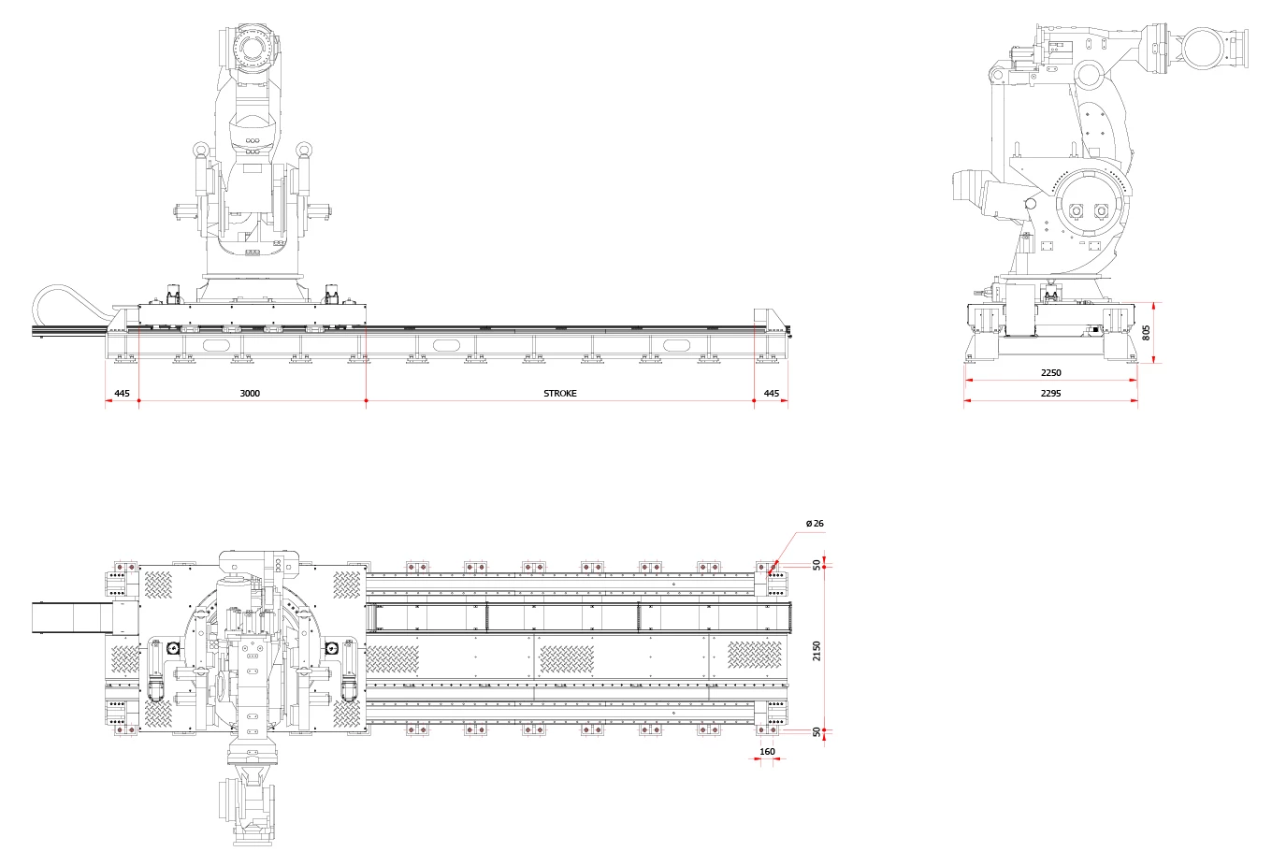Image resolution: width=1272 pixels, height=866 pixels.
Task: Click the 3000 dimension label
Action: [x=250, y=394]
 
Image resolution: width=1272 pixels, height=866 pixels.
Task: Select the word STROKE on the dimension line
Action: [x=560, y=394]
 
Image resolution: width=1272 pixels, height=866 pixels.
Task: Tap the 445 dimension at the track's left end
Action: [x=122, y=394]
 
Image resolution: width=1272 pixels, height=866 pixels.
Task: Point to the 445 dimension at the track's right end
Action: [x=771, y=394]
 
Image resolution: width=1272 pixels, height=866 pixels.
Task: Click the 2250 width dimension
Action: [x=1051, y=373]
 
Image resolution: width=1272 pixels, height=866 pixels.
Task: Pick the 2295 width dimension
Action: [x=1051, y=394]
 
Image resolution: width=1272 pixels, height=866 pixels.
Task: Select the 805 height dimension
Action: [x=1147, y=332]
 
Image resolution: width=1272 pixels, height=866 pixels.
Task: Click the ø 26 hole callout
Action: [x=814, y=523]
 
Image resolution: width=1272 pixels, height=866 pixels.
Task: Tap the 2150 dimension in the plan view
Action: [x=817, y=651]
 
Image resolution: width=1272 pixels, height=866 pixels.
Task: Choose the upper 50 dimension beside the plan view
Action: [x=817, y=565]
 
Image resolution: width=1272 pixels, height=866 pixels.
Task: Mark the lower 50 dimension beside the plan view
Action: [x=817, y=731]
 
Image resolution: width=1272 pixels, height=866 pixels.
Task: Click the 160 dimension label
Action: [x=767, y=752]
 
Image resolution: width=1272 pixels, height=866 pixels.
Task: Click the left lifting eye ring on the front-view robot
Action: [x=200, y=150]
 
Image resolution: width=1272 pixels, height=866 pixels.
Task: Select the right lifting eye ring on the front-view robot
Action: [x=303, y=150]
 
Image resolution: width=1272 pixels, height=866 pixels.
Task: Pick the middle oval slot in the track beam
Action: [x=446, y=346]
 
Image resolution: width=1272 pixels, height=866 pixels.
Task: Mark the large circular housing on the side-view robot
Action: [x=1089, y=211]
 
